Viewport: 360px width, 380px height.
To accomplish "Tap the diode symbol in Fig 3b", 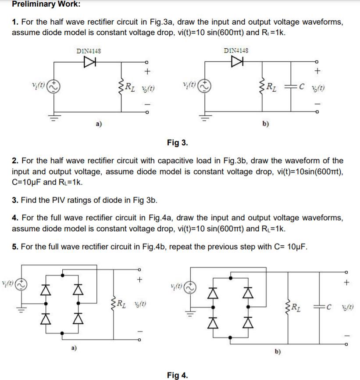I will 237,62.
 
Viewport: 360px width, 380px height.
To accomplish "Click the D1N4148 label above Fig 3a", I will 88,51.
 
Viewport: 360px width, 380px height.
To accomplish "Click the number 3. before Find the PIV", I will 15,201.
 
